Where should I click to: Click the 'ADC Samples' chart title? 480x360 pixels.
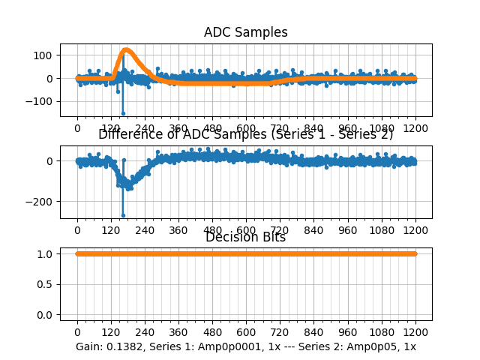pyautogui.click(x=245, y=32)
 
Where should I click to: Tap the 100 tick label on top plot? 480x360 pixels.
pyautogui.click(x=44, y=55)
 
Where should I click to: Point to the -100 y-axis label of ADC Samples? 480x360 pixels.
pyautogui.click(x=41, y=101)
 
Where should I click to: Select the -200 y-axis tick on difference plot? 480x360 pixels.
pyautogui.click(x=41, y=202)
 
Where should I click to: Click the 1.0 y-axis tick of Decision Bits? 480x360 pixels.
pyautogui.click(x=46, y=253)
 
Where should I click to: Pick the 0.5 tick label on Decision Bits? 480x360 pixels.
pyautogui.click(x=46, y=284)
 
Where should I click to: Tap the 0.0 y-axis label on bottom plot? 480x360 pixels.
pyautogui.click(x=46, y=315)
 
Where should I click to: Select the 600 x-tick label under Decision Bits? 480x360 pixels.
pyautogui.click(x=246, y=332)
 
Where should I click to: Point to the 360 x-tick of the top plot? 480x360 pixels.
pyautogui.click(x=178, y=128)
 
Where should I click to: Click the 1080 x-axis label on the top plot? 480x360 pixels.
pyautogui.click(x=382, y=128)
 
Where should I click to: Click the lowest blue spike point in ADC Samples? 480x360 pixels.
pyautogui.click(x=123, y=113)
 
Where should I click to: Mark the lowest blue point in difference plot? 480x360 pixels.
pyautogui.click(x=123, y=215)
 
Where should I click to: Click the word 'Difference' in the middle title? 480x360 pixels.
pyautogui.click(x=127, y=135)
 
